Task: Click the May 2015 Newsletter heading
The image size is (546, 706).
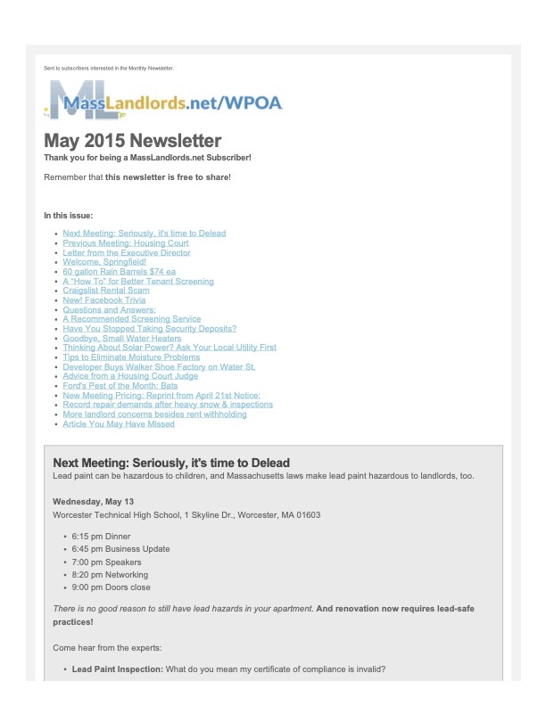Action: pyautogui.click(x=133, y=141)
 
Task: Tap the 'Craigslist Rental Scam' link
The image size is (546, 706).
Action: pyautogui.click(x=106, y=291)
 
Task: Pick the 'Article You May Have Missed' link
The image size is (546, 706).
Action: pyautogui.click(x=119, y=423)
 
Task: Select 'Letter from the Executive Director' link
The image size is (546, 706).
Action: pyautogui.click(x=126, y=252)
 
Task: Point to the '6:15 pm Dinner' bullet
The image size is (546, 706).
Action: pyautogui.click(x=101, y=537)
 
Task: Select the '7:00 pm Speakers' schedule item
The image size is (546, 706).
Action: pyautogui.click(x=105, y=562)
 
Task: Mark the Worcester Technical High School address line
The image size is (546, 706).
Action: pyautogui.click(x=186, y=515)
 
